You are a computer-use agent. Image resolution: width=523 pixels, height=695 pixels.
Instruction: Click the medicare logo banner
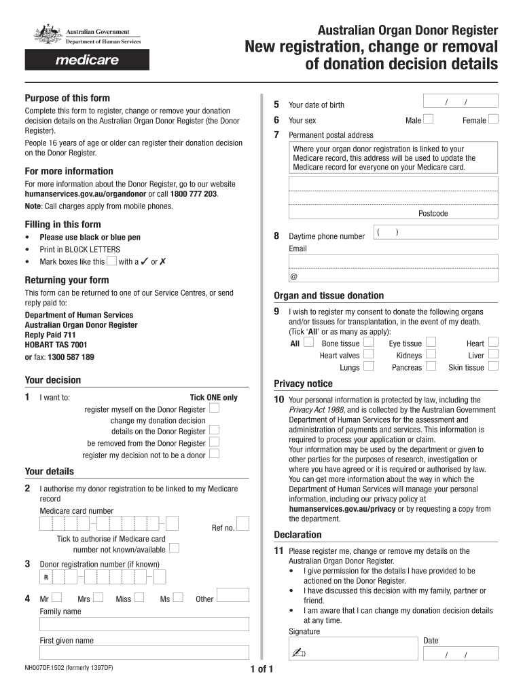coord(87,60)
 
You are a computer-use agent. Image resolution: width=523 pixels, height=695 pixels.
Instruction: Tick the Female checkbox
coord(494,120)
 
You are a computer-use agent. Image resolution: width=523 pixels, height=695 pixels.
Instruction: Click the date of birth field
coord(460,101)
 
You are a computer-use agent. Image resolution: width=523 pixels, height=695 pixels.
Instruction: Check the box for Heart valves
coord(368,355)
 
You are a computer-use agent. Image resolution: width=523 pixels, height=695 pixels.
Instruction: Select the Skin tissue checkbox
coord(494,367)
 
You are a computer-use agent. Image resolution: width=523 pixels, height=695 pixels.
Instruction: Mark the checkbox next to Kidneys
coord(431,355)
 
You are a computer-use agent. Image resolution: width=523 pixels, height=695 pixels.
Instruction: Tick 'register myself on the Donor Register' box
coord(215,409)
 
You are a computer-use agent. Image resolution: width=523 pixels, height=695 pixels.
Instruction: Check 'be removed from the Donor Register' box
coord(215,443)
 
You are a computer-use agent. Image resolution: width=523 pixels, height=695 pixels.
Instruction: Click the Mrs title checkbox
coord(99,598)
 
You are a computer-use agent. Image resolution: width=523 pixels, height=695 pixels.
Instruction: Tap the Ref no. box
coord(243,523)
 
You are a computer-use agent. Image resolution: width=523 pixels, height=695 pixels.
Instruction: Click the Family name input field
coord(145,624)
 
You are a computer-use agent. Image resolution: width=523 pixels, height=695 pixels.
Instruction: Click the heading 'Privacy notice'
coord(303,383)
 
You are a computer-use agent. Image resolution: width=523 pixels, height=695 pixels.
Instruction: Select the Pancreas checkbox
coord(431,367)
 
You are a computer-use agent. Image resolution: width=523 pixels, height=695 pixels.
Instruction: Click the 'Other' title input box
coord(232,595)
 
